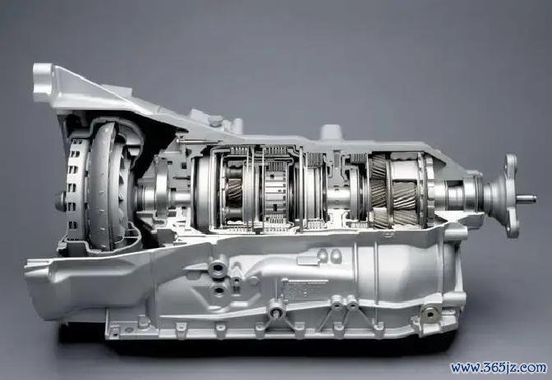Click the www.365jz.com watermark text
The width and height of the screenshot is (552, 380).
pos(499,368)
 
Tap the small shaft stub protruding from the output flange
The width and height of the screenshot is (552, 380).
pos(527,199)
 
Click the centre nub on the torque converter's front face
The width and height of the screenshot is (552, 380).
pos(60,202)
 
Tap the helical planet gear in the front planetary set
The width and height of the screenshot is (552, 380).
pos(234,193)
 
